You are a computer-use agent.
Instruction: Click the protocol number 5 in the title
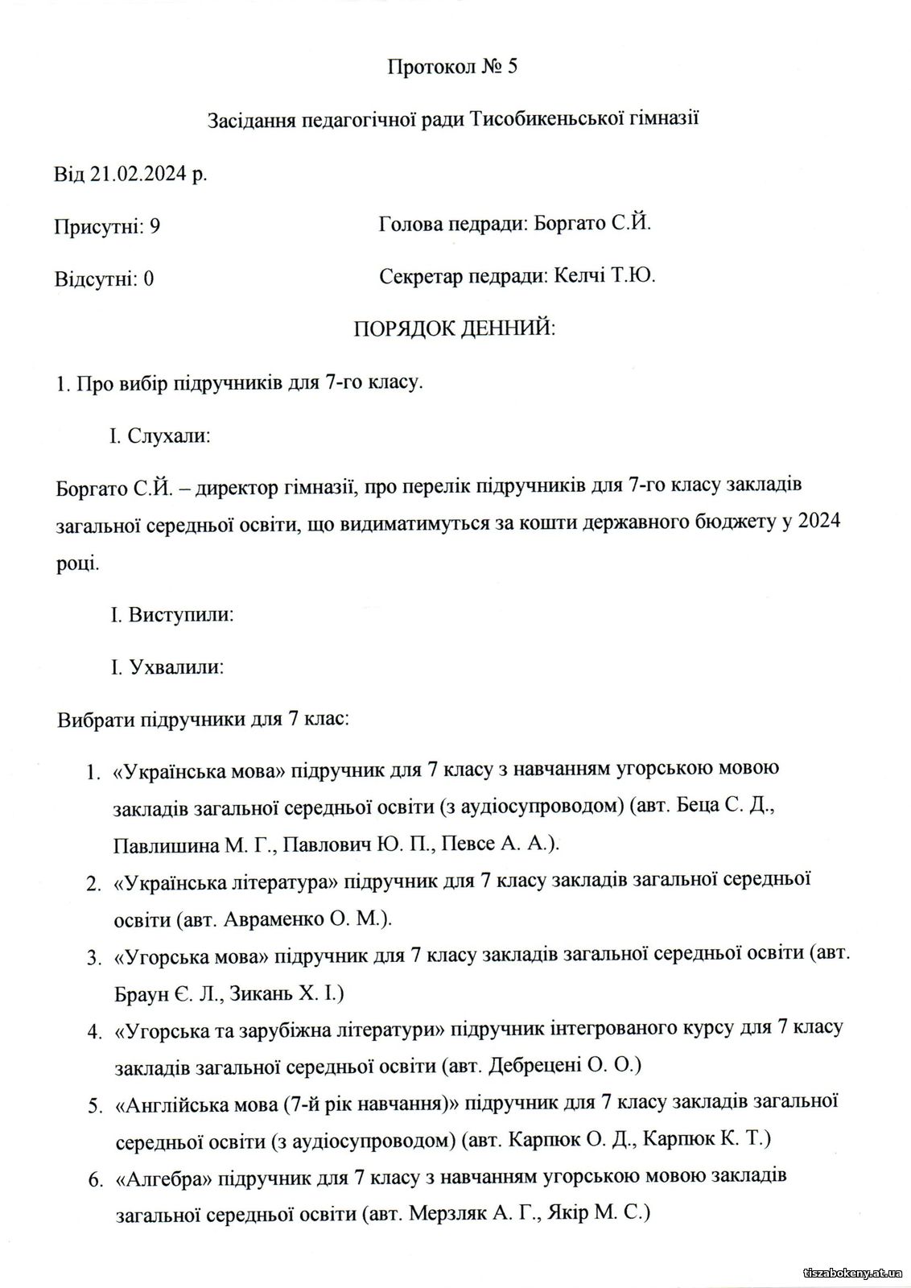click(512, 67)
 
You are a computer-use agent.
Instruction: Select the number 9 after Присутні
click(155, 226)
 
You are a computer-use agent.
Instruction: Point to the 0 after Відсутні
click(148, 279)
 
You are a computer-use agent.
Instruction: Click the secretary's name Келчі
click(579, 277)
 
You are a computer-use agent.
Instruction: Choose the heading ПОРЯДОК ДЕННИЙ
click(455, 329)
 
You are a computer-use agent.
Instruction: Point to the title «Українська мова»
click(200, 770)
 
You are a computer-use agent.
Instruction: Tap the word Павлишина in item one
click(165, 844)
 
